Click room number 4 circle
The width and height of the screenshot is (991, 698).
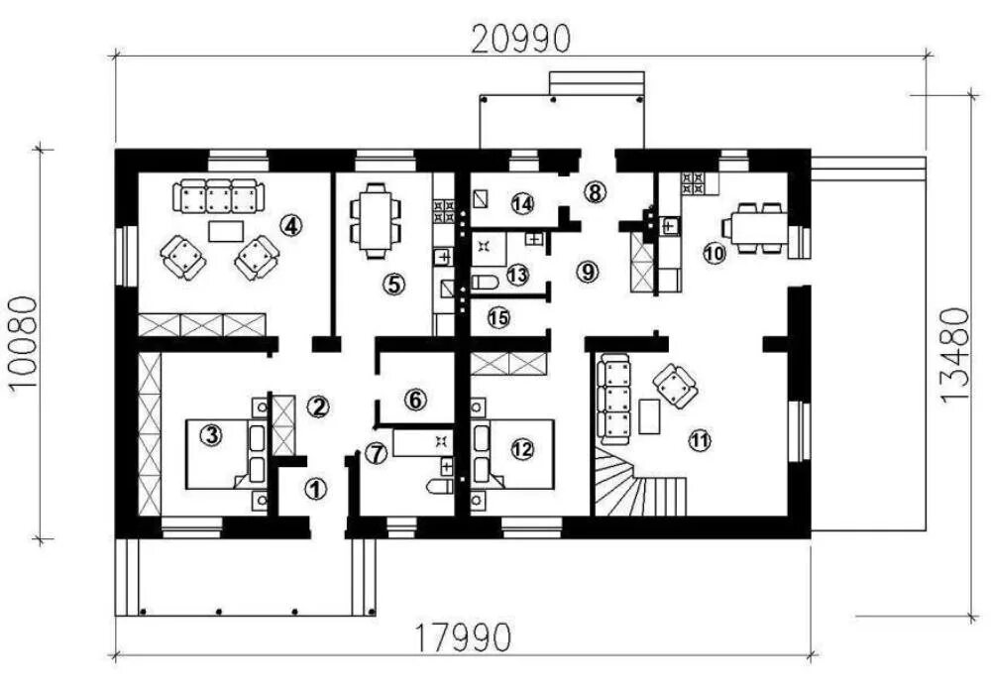click(x=289, y=225)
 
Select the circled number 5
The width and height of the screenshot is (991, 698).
click(x=393, y=285)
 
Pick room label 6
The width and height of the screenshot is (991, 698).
click(x=415, y=400)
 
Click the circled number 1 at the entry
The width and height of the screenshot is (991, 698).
click(x=315, y=488)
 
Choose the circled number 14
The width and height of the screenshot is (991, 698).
click(x=522, y=203)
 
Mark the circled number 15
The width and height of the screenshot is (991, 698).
click(x=497, y=317)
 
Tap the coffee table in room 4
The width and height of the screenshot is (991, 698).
click(x=228, y=230)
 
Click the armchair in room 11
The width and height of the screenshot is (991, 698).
click(x=676, y=386)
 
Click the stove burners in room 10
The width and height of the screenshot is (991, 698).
click(x=692, y=182)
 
